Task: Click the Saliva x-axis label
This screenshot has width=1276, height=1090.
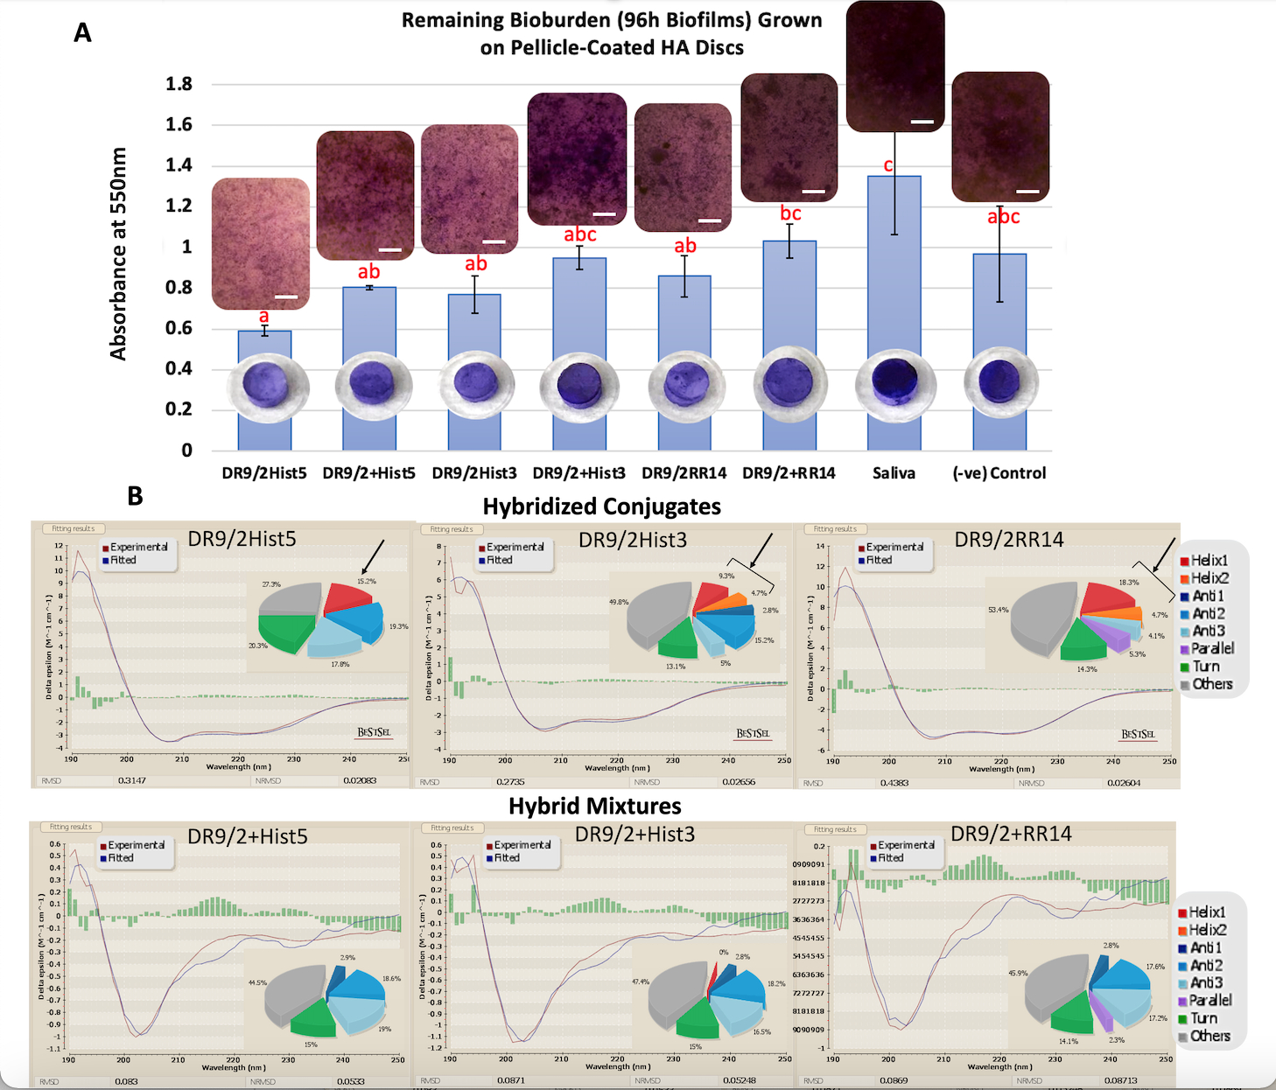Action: click(x=894, y=473)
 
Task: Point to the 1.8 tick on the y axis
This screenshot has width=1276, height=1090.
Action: click(x=179, y=84)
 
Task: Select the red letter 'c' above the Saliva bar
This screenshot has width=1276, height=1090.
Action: click(x=888, y=164)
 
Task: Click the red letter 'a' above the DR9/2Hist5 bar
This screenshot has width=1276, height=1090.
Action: click(x=263, y=317)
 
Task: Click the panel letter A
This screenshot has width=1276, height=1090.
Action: click(x=82, y=33)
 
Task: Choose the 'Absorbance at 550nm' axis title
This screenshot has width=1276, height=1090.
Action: click(x=118, y=254)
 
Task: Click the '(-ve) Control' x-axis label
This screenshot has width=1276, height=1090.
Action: click(x=999, y=473)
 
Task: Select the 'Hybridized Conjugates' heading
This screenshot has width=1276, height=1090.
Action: click(x=602, y=507)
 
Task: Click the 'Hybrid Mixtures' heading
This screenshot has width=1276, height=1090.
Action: click(x=595, y=806)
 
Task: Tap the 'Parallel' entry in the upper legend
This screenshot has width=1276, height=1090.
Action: click(x=1211, y=648)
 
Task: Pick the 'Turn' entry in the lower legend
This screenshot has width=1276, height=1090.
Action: click(x=1202, y=1018)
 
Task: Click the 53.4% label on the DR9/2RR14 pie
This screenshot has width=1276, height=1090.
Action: click(x=998, y=610)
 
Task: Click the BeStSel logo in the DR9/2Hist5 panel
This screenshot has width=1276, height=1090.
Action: click(x=374, y=732)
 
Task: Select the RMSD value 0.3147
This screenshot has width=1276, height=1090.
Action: click(x=132, y=780)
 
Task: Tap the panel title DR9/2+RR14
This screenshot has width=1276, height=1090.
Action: click(x=1011, y=834)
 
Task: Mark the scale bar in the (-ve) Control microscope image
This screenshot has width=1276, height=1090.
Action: click(x=1027, y=191)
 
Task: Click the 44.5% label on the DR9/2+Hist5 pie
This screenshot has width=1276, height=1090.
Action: click(x=257, y=982)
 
